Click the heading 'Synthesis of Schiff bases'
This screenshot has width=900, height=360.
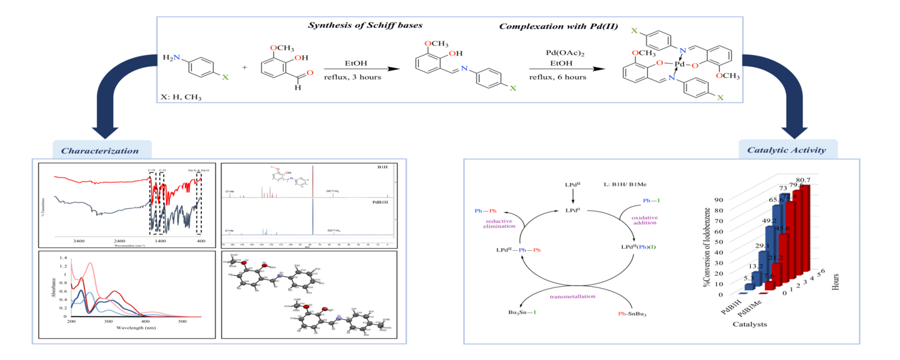(365, 26)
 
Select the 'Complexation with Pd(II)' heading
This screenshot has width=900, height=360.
(550, 26)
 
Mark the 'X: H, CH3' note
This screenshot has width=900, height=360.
(182, 98)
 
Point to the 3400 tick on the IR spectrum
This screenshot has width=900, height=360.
(79, 241)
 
